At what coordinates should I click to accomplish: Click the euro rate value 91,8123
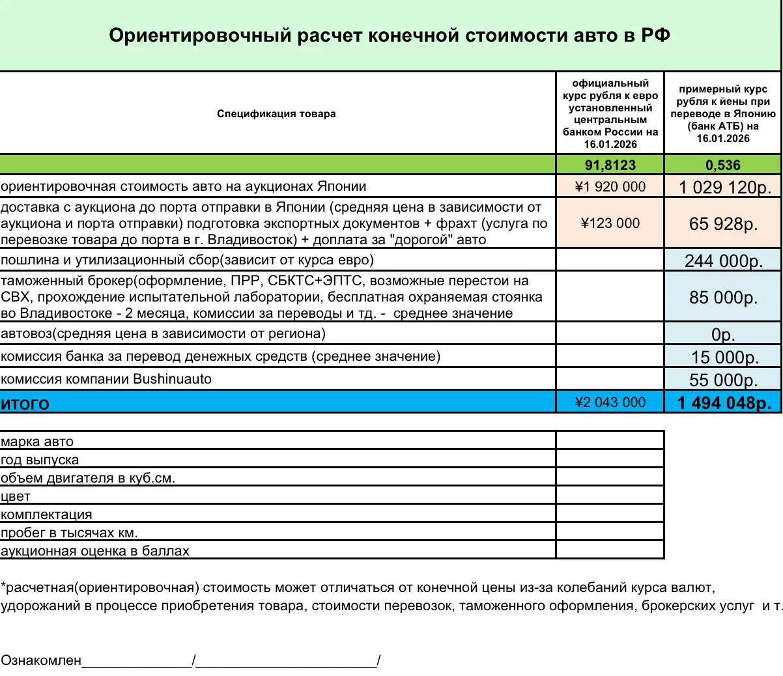point(610,165)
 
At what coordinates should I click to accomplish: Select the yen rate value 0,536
point(722,165)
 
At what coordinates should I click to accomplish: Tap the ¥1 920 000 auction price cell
point(610,187)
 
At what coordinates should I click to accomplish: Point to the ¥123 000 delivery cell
point(610,223)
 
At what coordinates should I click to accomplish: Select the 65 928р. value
point(723,224)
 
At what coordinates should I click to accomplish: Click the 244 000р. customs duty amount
point(723,261)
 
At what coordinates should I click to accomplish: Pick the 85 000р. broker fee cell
point(723,298)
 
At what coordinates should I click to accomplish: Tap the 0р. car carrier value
point(723,335)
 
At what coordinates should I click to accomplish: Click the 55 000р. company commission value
point(723,380)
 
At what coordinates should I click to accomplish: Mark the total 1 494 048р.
point(724,403)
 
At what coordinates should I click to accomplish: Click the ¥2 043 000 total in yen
point(610,402)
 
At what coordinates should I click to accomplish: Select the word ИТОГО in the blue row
point(25,404)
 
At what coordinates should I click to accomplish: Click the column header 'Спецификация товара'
point(276,114)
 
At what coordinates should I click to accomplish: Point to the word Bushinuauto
point(172,379)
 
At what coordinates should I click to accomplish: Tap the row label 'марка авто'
point(37,442)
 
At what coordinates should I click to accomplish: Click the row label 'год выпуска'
point(40,460)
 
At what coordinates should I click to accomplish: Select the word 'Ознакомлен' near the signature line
point(41,660)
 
